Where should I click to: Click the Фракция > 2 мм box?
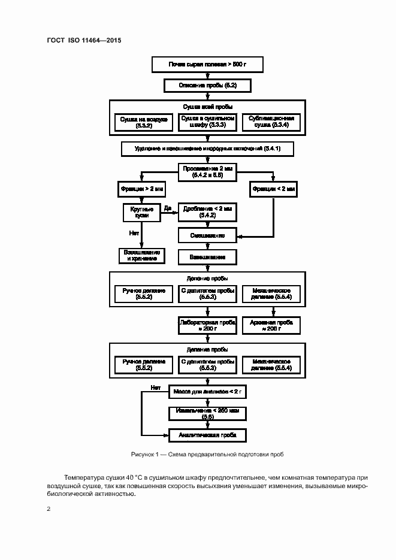click(x=141, y=189)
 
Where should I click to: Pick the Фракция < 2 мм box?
click(x=274, y=189)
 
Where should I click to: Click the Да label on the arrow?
click(x=168, y=208)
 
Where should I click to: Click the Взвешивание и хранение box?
click(x=141, y=256)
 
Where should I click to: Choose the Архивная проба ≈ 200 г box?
click(x=271, y=325)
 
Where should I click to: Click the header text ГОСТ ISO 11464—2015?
click(x=84, y=40)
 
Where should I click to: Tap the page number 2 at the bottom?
click(x=48, y=509)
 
